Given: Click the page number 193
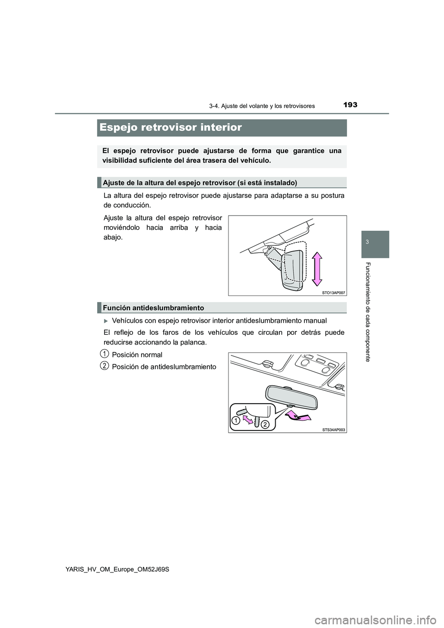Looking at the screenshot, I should click(x=350, y=105).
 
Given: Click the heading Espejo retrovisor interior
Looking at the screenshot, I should click(x=171, y=128).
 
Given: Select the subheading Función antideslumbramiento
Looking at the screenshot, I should click(x=154, y=308).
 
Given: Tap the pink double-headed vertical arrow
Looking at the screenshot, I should click(x=317, y=269).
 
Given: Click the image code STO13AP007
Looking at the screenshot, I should click(x=333, y=293).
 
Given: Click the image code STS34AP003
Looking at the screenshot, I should click(x=333, y=430).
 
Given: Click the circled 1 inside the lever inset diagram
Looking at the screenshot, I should click(x=236, y=420).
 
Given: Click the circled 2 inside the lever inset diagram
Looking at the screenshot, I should click(x=265, y=424).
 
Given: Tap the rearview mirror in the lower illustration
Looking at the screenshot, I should click(x=291, y=397).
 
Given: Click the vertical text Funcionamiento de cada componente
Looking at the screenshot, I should click(x=368, y=312).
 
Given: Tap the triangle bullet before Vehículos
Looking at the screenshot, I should click(x=106, y=321).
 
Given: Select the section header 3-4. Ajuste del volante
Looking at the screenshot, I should click(x=262, y=106).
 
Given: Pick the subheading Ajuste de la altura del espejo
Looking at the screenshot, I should click(x=200, y=183).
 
